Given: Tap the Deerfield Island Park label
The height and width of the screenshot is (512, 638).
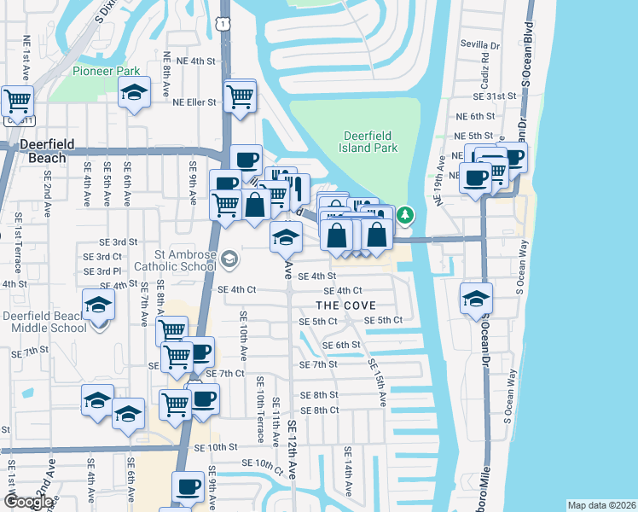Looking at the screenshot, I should pos(370,142).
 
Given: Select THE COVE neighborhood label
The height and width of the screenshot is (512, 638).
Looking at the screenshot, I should pos(345,305).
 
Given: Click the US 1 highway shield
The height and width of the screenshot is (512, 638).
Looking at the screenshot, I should pos(222,26).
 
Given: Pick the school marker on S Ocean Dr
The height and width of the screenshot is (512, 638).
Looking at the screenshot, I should pos(476,299).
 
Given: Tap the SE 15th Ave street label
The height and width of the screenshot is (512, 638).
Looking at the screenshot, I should pos(377,381).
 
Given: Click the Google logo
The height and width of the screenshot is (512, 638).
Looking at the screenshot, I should pos(27,502).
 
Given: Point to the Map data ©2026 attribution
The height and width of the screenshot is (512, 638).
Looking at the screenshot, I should pos(601,505).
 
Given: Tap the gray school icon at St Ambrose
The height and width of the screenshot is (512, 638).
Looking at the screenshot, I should pos(228,258).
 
